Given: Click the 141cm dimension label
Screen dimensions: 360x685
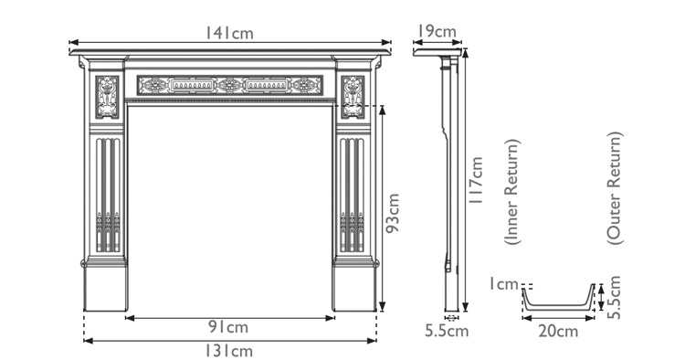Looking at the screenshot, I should pyautogui.click(x=229, y=33).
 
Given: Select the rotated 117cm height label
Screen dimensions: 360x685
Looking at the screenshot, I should pyautogui.click(x=476, y=183).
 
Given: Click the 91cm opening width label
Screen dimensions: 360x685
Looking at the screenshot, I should pyautogui.click(x=229, y=327).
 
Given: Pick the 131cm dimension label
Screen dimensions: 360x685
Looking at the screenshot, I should pyautogui.click(x=229, y=350).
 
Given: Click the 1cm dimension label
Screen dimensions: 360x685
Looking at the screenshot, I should pyautogui.click(x=501, y=284).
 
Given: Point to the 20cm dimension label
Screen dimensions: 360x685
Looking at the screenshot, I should pyautogui.click(x=558, y=331).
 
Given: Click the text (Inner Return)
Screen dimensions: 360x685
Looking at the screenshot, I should pyautogui.click(x=512, y=192).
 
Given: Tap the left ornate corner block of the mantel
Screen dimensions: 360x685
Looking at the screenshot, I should pyautogui.click(x=109, y=97).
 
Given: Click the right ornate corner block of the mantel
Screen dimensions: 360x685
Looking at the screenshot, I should pyautogui.click(x=352, y=97).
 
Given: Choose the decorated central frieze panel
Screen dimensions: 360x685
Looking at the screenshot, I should pyautogui.click(x=229, y=86).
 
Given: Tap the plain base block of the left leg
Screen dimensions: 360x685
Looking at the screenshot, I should pyautogui.click(x=106, y=287).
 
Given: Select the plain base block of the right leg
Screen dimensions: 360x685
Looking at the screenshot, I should pyautogui.click(x=354, y=287).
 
